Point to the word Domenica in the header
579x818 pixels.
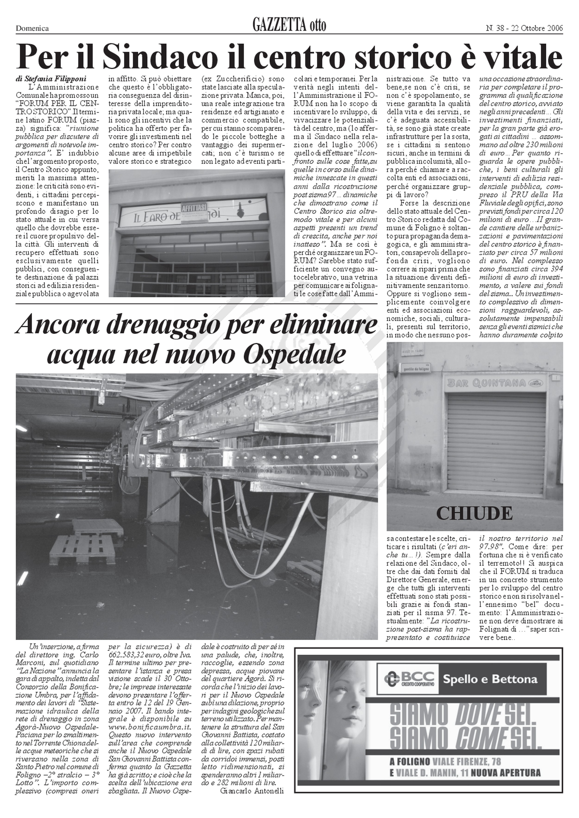pos(32,28)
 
